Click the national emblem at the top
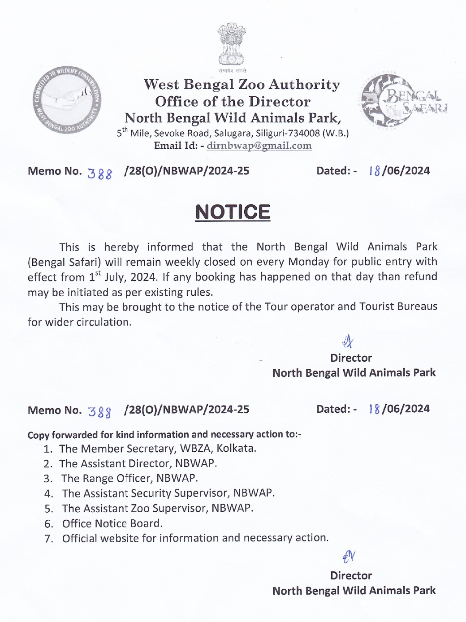point(232,45)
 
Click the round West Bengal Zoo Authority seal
point(67,100)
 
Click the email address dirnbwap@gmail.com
point(259,146)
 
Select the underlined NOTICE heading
point(233,212)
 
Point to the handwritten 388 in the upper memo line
point(100,173)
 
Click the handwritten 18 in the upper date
point(375,171)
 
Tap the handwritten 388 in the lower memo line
point(99,411)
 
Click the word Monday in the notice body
point(308,262)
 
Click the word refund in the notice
point(421,276)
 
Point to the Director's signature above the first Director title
point(348,342)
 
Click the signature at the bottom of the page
point(349,557)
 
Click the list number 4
point(48,494)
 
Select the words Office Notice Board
point(112,523)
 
